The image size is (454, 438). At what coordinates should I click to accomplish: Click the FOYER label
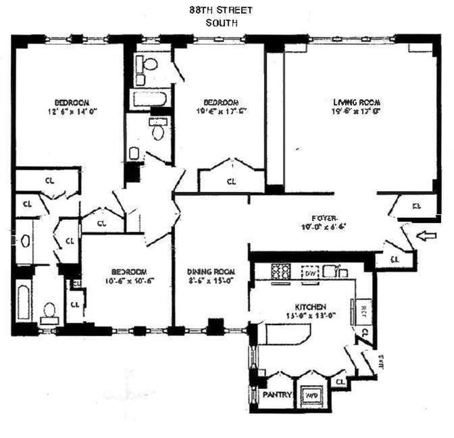tap(325, 218)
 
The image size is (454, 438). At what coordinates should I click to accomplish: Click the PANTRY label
tap(278, 394)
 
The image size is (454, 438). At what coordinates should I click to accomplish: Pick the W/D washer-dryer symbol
tap(311, 395)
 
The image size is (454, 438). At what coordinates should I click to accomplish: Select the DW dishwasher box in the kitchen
tap(310, 273)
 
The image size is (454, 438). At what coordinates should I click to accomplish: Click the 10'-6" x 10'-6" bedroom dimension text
tap(129, 280)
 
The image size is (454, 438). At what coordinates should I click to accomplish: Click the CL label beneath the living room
tap(417, 206)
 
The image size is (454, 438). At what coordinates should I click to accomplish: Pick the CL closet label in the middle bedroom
tap(231, 182)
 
